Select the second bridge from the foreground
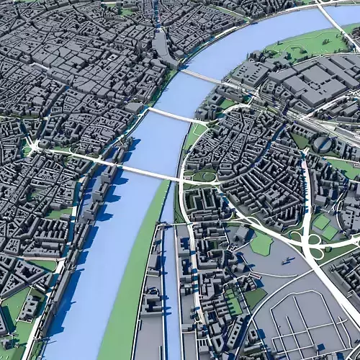coord(173,117)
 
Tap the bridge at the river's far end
coord(202,76)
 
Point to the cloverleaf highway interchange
coord(315,249)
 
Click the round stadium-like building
coord(323,145)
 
